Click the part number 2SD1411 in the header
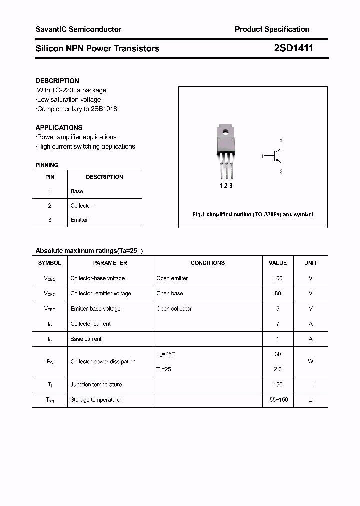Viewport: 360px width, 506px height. tap(293, 48)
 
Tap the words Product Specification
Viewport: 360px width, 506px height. tap(272, 29)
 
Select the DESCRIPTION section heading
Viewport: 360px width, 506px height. tap(57, 81)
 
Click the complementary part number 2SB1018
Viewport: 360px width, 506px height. tap(103, 109)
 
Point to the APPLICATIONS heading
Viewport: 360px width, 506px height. tap(59, 127)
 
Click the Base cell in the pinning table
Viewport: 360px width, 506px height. tap(77, 191)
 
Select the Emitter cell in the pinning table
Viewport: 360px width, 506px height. tap(79, 220)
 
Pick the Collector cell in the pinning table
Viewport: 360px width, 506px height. tap(81, 206)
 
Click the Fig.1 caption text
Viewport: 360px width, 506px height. tap(253, 214)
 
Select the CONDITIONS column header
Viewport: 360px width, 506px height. tap(208, 263)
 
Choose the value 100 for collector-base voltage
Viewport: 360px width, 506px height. tap(278, 278)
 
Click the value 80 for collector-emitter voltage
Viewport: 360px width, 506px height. tap(278, 293)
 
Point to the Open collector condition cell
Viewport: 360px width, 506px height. tap(174, 309)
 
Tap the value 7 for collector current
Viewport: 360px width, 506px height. tap(278, 324)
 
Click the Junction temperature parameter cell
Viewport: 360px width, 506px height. tap(96, 384)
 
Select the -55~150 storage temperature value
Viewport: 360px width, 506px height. tap(278, 400)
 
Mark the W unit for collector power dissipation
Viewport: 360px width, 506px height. tap(310, 361)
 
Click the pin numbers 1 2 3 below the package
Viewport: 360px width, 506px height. tap(226, 185)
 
